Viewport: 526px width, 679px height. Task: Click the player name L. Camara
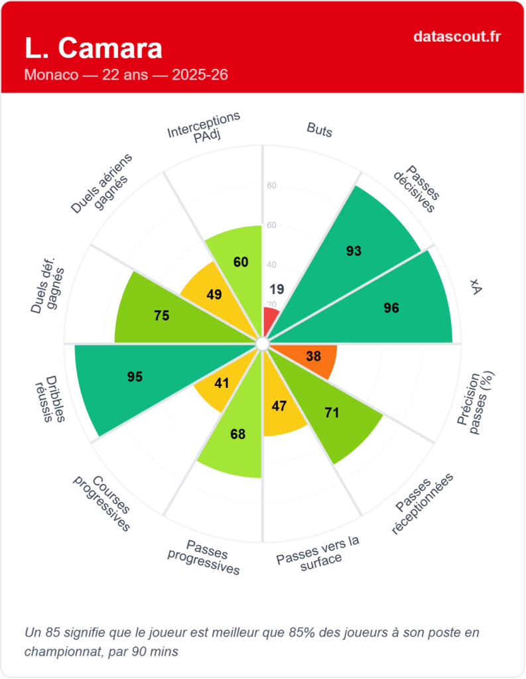coord(93,48)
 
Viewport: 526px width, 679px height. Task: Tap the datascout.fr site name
coord(456,36)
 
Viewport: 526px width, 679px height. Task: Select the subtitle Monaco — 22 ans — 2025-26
coord(126,75)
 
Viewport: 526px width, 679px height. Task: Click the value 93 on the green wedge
coord(354,251)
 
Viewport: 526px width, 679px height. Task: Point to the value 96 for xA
coord(391,308)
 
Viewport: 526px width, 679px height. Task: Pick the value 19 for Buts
coord(277,288)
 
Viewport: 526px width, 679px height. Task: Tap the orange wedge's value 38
coord(314,356)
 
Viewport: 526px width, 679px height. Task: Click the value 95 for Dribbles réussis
coord(135,377)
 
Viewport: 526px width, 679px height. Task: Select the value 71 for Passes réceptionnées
coord(332,413)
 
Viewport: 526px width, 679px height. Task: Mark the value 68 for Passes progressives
coord(237,435)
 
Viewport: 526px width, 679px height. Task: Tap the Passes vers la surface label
coord(319,550)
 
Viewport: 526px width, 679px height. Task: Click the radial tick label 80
coord(271,186)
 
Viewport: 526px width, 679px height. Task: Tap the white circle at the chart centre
coord(263,343)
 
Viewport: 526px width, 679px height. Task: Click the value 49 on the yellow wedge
coord(214,294)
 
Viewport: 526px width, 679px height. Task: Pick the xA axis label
coord(475,286)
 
